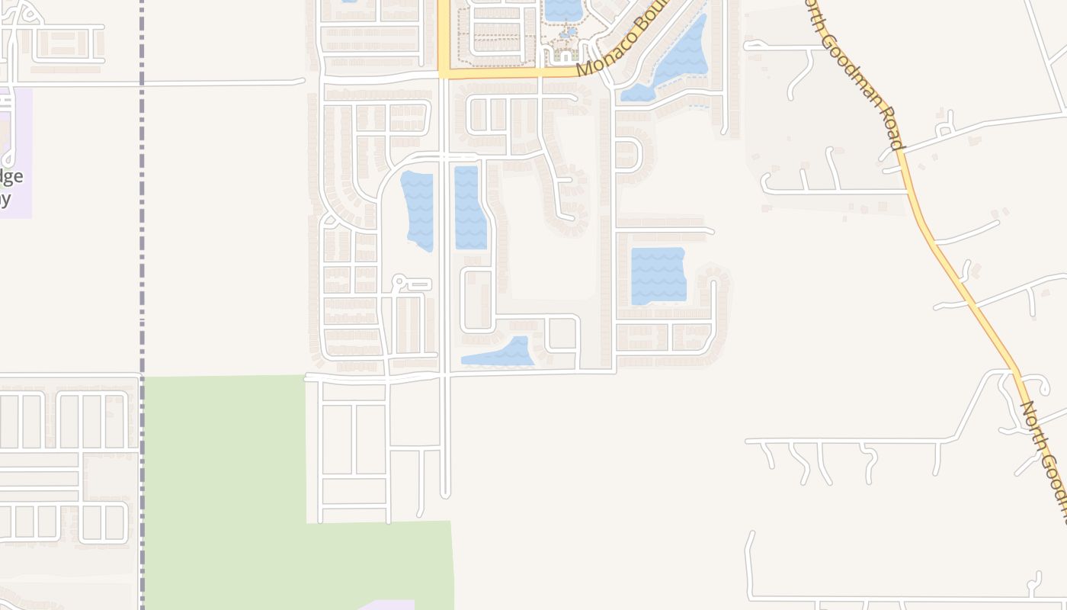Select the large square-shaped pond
(x=658, y=275)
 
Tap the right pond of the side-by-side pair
(x=469, y=207)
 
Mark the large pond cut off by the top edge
(x=562, y=9)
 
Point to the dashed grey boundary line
(x=142, y=229)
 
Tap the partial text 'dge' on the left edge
(x=11, y=177)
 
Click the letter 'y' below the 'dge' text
(x=6, y=200)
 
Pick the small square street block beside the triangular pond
(x=562, y=334)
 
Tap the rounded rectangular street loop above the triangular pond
(x=477, y=300)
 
